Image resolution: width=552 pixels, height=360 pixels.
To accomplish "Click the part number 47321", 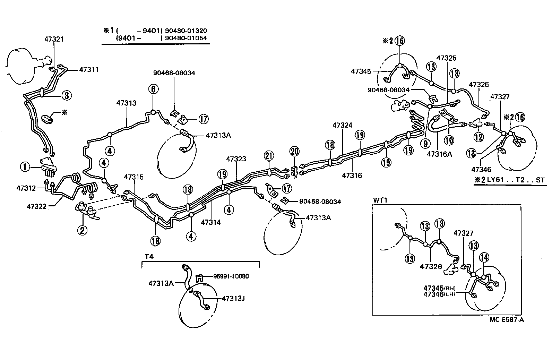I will tap(54, 39).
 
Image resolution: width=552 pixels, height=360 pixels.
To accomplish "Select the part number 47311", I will tap(89, 70).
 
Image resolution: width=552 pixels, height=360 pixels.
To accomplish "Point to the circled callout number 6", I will tap(154, 89).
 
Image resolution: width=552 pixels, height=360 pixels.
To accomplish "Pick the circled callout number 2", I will tap(82, 230).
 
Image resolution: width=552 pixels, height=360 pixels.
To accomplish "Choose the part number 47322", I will tap(37, 207).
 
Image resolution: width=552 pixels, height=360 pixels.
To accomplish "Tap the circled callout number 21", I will tap(269, 156).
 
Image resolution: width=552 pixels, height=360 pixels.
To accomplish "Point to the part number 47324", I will tap(342, 125).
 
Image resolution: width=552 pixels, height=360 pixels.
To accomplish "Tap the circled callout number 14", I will tap(484, 257).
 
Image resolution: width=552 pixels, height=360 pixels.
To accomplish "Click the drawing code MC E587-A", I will tap(506, 320).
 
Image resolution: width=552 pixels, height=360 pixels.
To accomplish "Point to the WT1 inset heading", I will tap(379, 200).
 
